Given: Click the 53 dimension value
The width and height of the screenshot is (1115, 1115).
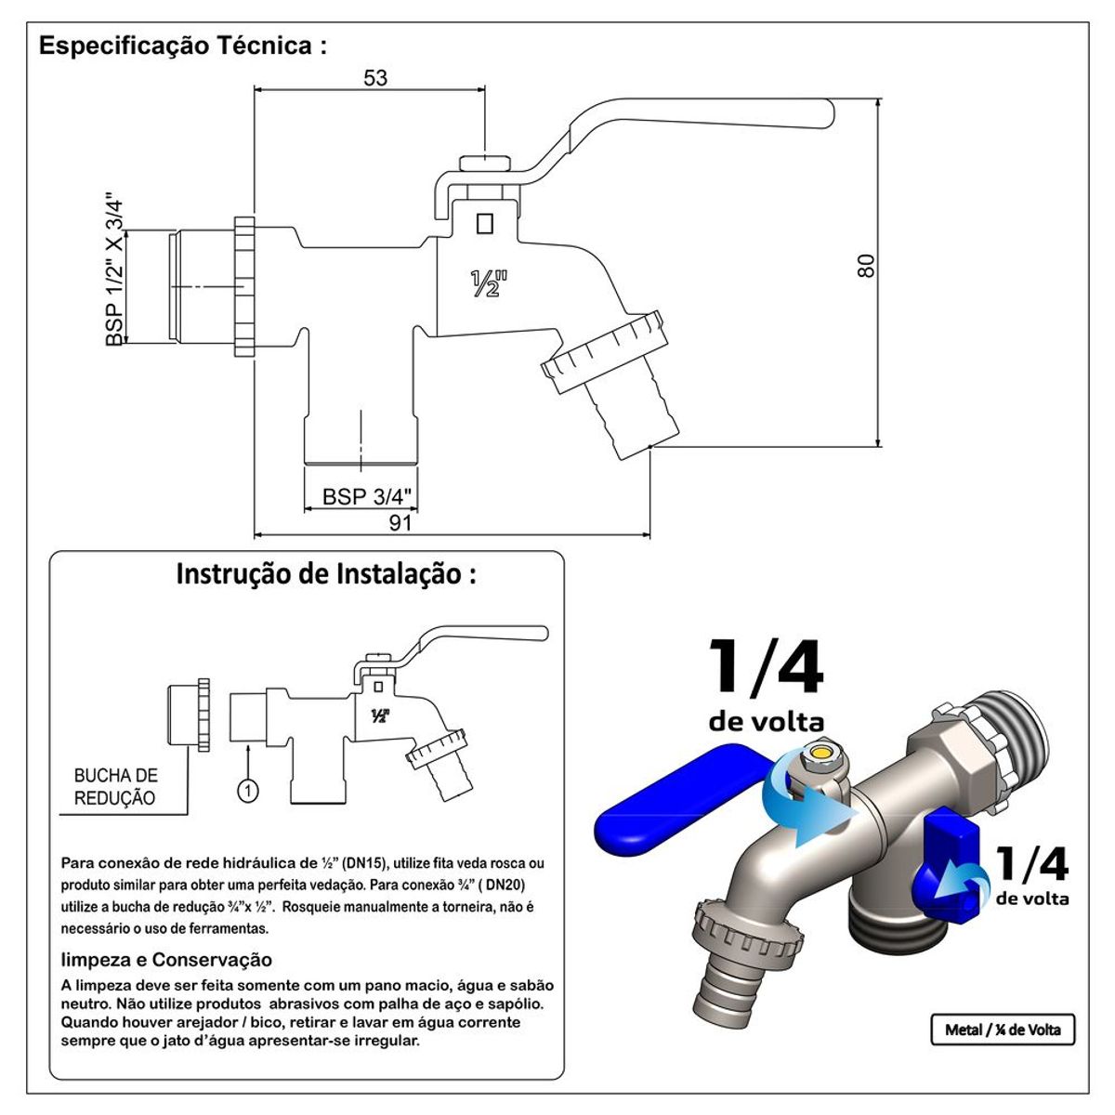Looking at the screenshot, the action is coord(375,77).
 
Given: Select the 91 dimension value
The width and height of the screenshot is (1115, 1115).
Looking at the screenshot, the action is coord(400,522).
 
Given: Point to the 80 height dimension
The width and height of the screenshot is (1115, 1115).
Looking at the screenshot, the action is coord(866,266).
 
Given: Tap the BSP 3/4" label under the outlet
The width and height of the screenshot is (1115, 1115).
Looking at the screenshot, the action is coord(367,496).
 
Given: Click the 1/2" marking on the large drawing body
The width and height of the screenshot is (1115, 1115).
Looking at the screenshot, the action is coord(489,283).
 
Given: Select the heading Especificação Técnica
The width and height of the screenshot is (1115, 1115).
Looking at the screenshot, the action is coord(182,46).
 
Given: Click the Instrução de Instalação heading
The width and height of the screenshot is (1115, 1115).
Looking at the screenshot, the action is coord(326,573).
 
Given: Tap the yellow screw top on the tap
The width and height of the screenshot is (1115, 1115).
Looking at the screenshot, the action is coord(820,753).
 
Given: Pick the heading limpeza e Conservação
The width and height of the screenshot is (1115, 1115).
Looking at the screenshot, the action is coord(166,960).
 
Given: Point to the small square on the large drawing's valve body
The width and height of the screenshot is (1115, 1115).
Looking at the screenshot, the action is coord(484,223).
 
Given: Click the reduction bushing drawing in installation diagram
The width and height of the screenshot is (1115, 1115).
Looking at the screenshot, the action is coord(189,715).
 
